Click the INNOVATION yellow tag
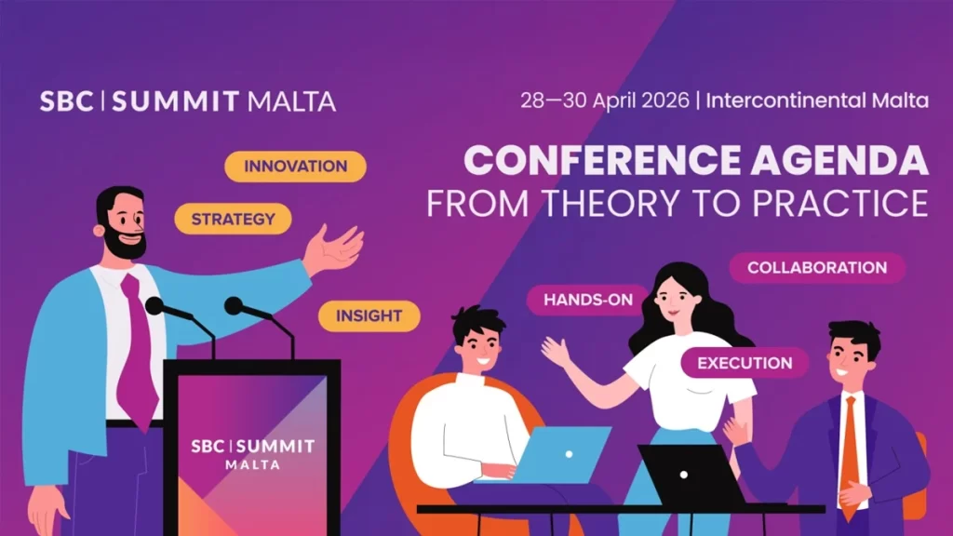(295, 167)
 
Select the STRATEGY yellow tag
(233, 220)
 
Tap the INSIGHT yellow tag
(369, 315)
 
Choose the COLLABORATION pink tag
(816, 268)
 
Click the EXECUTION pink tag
(745, 363)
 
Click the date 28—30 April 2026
(605, 100)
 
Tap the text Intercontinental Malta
(817, 100)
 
